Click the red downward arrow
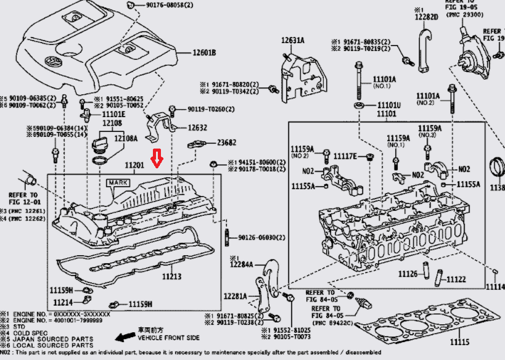158,159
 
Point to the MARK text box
118,183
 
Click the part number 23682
226,142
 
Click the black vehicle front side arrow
126,337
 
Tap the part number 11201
134,165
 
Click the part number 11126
408,274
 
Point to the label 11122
456,279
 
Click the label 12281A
235,297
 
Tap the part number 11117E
345,156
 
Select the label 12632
180,128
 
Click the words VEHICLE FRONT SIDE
168,338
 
